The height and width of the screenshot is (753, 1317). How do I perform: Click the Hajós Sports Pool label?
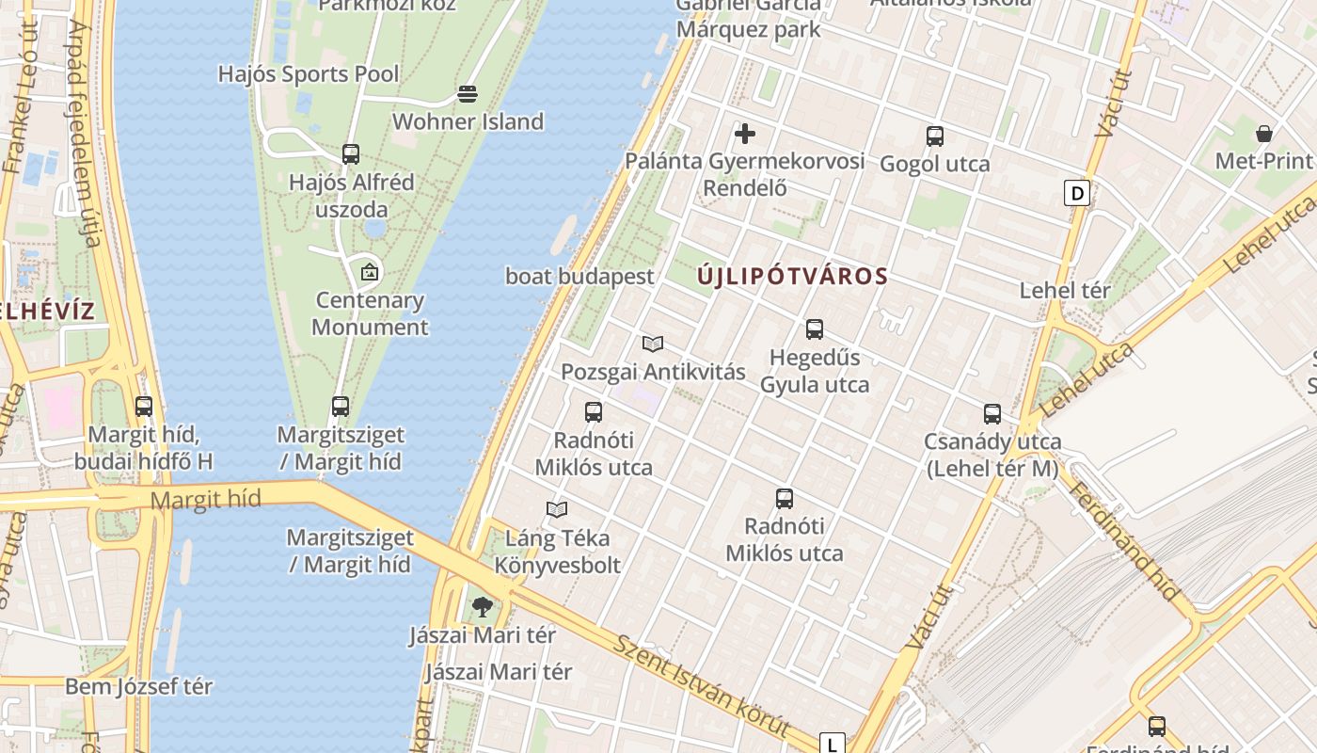309,73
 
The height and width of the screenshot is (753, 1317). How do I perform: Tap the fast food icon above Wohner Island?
468,94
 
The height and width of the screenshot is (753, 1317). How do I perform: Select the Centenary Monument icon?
370,273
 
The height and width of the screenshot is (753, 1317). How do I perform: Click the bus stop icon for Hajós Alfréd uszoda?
351,153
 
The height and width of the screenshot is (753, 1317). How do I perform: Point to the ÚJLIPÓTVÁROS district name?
793,277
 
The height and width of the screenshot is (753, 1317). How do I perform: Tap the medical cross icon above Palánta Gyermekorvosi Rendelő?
745,134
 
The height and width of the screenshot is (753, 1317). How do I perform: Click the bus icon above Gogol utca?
934,136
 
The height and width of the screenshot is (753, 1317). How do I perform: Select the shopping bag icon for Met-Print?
1264,133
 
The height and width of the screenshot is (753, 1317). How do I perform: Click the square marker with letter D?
1077,194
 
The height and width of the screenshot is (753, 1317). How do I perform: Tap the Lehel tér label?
1065,291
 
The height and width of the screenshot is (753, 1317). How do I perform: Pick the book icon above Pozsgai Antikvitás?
653,344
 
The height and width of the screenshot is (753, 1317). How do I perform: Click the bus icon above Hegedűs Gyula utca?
815,329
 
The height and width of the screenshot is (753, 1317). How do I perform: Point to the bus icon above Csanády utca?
992,414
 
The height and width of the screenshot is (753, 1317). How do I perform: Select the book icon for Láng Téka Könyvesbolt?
557,510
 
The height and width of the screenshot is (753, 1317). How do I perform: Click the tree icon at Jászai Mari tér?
483,607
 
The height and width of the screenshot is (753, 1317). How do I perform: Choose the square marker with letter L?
833,744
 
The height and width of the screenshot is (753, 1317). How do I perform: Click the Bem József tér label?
138,686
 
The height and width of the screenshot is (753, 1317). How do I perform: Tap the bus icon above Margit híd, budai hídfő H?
144,407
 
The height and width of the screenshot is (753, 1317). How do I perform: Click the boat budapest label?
579,277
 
